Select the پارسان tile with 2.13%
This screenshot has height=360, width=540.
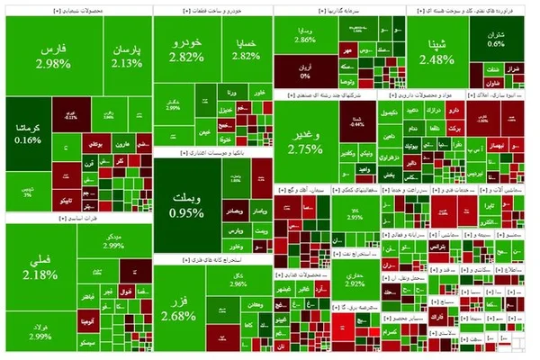tap(127, 56)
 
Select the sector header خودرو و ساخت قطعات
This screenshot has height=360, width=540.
tap(211, 10)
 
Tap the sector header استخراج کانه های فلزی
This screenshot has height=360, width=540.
tap(211, 260)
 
